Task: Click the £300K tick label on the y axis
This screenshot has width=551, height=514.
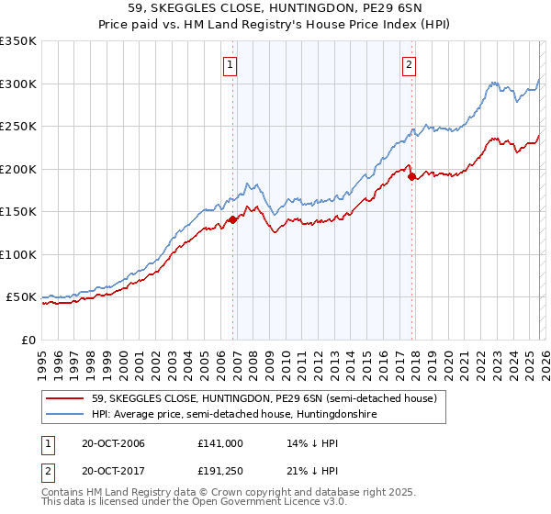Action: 18,84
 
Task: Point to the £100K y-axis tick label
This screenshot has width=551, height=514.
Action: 18,254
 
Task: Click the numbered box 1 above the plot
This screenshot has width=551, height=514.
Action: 229,64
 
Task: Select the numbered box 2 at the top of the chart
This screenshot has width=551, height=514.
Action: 408,64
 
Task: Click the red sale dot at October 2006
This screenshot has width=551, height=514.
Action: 233,219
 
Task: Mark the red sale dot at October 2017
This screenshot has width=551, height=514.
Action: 411,176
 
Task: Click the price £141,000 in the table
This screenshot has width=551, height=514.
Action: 220,443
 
